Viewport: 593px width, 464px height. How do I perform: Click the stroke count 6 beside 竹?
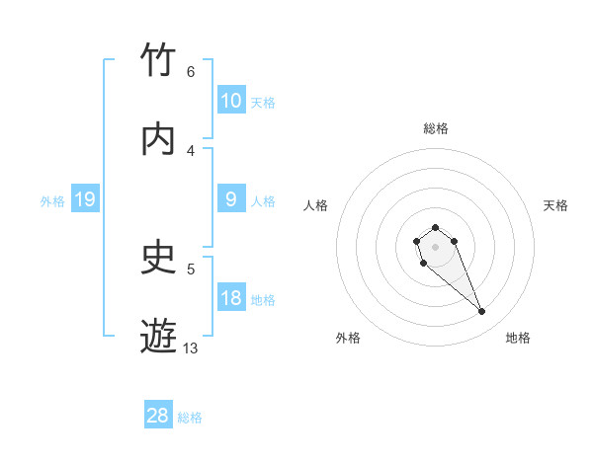191,72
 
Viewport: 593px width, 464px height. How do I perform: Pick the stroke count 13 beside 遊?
191,348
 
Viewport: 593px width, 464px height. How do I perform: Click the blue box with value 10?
231,101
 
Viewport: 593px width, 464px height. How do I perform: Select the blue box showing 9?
231,199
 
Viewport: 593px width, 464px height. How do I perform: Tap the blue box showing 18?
231,298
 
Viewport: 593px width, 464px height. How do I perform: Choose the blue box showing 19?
84,200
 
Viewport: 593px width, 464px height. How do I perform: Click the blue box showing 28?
158,416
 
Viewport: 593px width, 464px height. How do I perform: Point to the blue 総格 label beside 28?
190,418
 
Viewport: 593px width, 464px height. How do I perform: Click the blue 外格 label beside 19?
52,201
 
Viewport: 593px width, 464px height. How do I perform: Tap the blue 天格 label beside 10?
262,102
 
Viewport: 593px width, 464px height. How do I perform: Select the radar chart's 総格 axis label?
435,128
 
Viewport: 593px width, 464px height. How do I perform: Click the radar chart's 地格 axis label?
518,338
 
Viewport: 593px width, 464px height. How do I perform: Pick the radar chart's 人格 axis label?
316,205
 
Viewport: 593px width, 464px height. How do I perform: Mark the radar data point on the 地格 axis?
481,312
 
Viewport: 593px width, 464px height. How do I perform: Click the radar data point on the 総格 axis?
435,227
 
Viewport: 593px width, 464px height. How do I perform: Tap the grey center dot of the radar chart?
435,247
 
